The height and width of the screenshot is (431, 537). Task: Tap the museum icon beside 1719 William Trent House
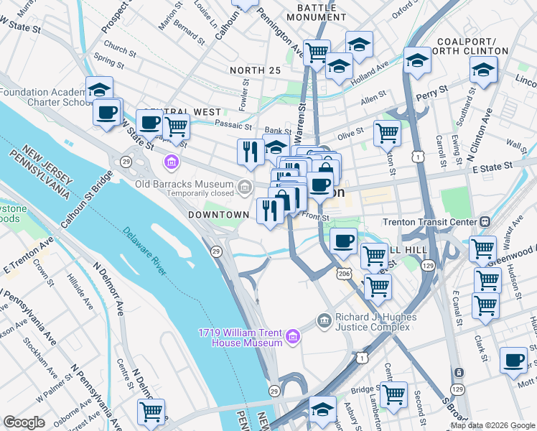point(292,336)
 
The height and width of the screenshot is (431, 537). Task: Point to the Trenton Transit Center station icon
point(485,222)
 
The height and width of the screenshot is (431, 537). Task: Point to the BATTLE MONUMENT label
point(311,11)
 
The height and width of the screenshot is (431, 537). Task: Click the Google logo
point(24,422)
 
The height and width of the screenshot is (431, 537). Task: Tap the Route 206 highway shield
point(343,274)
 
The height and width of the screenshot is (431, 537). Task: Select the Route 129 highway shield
point(429,267)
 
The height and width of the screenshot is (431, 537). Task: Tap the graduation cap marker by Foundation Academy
point(100,89)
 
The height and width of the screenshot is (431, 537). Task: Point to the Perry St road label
point(436,91)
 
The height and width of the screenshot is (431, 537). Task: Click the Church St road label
point(119,51)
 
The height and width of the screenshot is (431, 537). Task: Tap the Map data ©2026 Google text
point(492,425)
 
